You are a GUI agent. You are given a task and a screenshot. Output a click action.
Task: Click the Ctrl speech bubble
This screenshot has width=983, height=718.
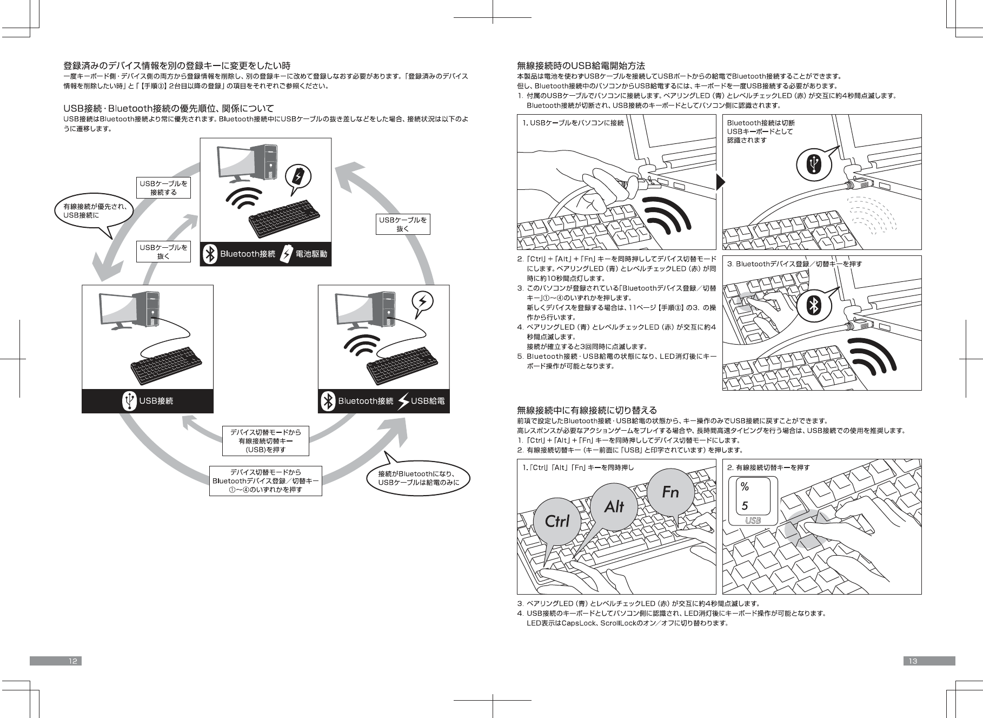pyautogui.click(x=557, y=521)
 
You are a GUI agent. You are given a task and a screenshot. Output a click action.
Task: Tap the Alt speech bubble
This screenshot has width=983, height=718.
pyautogui.click(x=614, y=506)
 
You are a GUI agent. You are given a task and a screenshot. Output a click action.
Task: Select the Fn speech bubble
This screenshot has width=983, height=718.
pyautogui.click(x=670, y=492)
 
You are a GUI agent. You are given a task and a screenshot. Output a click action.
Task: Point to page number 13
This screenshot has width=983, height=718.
pyautogui.click(x=913, y=661)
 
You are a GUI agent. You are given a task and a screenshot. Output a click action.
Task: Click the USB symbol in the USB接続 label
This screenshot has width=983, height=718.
pyautogui.click(x=129, y=401)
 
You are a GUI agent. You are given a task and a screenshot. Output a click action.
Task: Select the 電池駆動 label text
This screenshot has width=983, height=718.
pyautogui.click(x=311, y=254)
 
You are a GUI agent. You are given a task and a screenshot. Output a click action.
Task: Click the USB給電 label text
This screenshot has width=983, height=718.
pyautogui.click(x=428, y=401)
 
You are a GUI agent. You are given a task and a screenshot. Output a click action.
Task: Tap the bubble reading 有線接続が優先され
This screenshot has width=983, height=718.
pyautogui.click(x=95, y=210)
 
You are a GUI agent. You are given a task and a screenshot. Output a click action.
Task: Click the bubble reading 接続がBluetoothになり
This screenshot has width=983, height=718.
pyautogui.click(x=419, y=478)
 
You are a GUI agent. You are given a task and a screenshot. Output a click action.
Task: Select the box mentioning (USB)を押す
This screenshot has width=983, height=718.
pyautogui.click(x=265, y=441)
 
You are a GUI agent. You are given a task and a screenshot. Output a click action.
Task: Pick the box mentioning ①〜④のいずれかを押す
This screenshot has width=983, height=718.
pyautogui.click(x=265, y=481)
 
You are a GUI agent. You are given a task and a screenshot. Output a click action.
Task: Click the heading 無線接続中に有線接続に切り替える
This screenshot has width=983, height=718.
pyautogui.click(x=587, y=410)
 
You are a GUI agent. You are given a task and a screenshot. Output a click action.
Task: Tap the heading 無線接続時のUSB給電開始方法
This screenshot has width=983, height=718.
pyautogui.click(x=581, y=66)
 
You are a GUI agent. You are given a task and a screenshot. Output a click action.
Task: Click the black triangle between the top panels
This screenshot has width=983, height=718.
pyautogui.click(x=719, y=182)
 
